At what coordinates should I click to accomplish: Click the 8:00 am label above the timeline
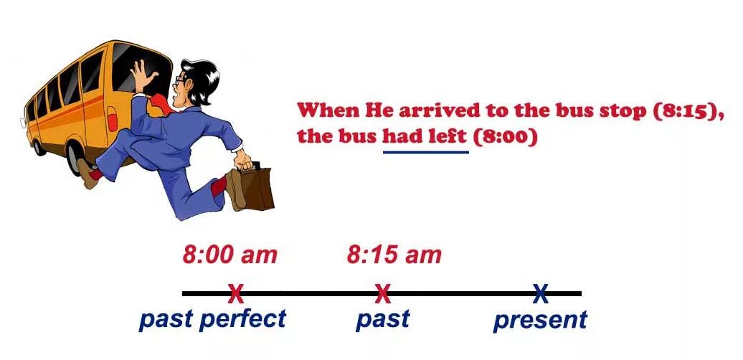[229, 255]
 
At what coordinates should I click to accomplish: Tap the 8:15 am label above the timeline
[394, 255]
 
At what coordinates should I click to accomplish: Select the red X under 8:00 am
[235, 293]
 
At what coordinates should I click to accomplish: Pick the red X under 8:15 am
[383, 293]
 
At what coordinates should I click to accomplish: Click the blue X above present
[540, 293]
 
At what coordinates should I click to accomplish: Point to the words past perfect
[212, 319]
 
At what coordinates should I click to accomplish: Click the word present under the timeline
[540, 321]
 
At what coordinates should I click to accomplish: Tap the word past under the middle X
[382, 319]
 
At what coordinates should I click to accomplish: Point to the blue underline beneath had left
[425, 152]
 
